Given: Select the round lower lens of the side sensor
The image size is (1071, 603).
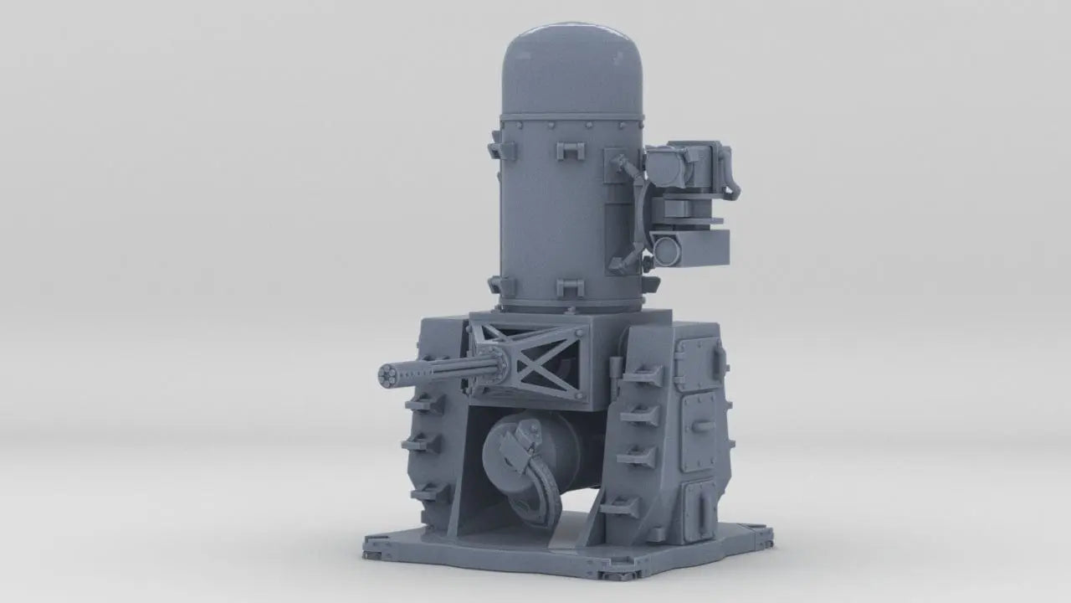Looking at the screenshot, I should [x=666, y=247].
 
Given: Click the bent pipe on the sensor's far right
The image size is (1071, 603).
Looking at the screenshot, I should [x=731, y=176].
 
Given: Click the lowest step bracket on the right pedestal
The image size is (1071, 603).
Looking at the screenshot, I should [x=621, y=506].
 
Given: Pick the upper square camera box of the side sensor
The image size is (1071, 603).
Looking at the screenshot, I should [x=678, y=167].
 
